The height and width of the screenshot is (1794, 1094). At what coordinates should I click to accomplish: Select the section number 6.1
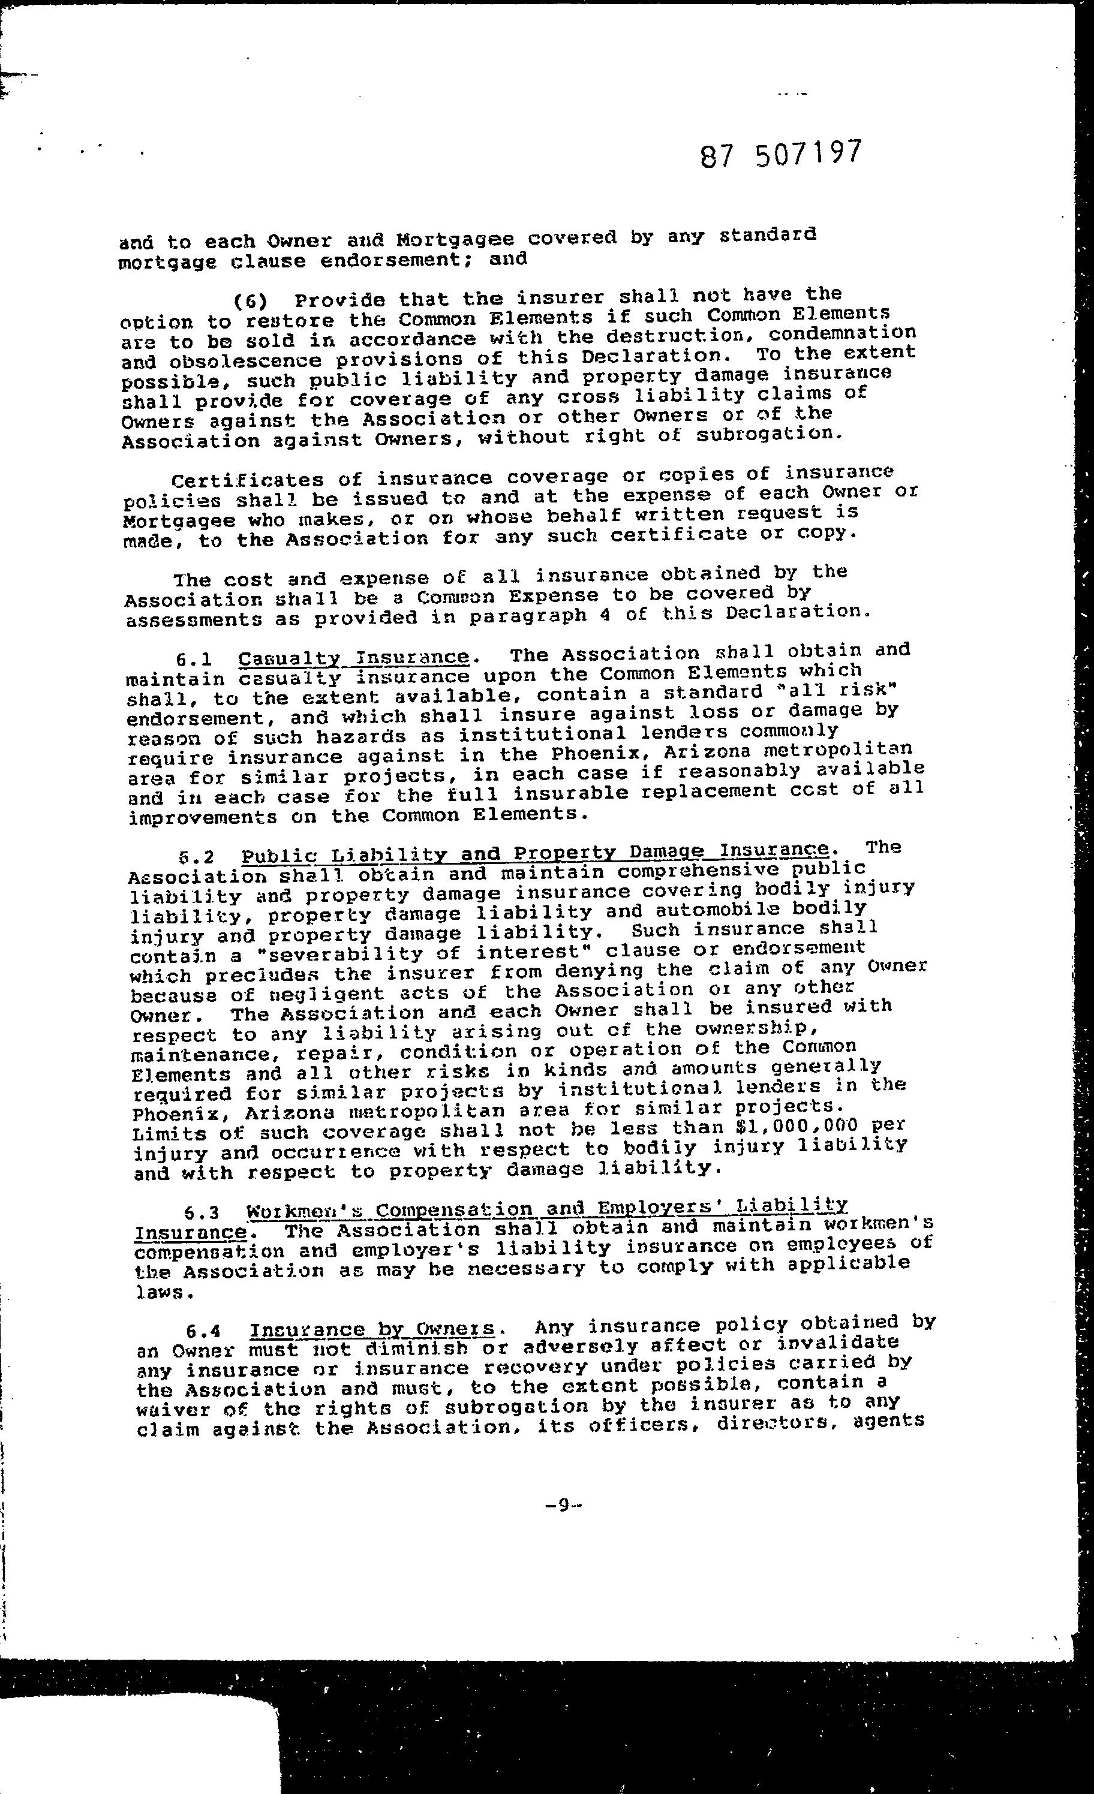[x=194, y=660]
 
